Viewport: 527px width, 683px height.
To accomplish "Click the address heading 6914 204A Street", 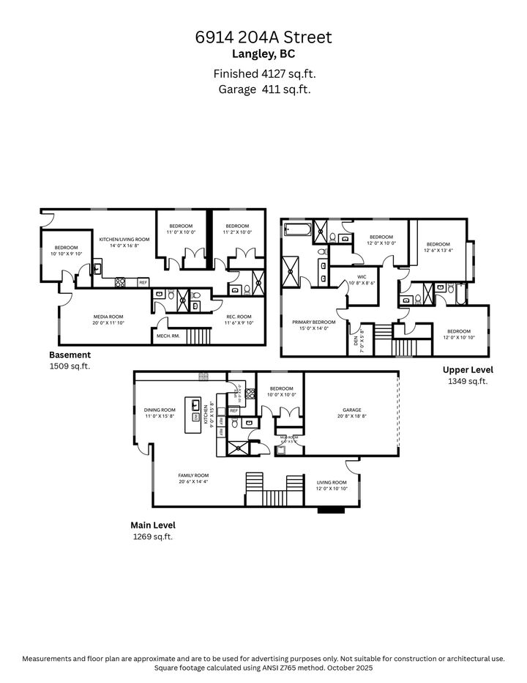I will coord(263,37).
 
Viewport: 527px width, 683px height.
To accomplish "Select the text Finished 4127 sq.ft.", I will coord(263,73).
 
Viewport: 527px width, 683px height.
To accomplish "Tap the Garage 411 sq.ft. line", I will coord(263,89).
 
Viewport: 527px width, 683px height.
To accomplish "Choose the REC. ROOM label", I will coord(238,317).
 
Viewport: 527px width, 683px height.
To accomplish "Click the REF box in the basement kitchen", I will coord(143,282).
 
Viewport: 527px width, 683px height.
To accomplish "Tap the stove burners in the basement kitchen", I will coord(122,282).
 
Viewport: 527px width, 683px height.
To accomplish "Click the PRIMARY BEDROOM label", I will coord(313,322).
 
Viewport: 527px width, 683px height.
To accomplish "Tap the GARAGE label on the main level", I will coord(351,410).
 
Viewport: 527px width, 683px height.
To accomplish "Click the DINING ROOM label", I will coord(159,410).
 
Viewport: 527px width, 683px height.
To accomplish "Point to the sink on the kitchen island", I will coord(196,404).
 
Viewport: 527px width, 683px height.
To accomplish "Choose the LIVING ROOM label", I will coord(332,482).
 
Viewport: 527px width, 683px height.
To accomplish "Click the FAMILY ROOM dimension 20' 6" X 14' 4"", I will coord(194,481).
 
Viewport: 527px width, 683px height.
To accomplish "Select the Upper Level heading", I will coord(468,369).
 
